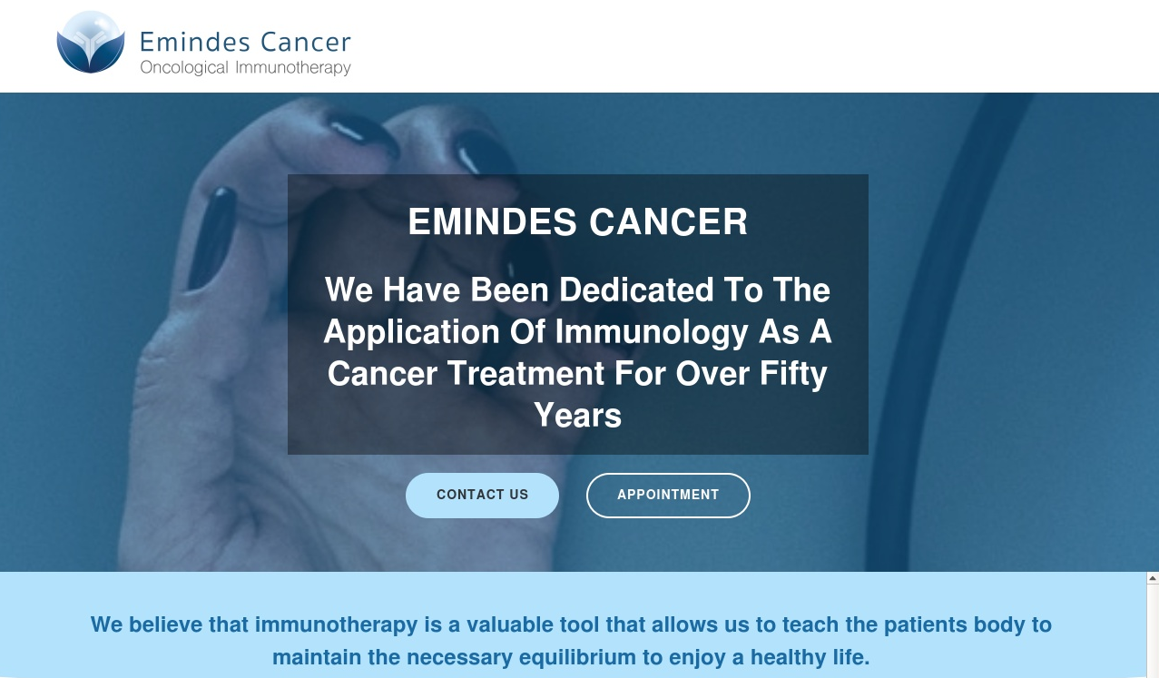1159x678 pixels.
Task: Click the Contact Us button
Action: (482, 496)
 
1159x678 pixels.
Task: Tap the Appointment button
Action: (668, 496)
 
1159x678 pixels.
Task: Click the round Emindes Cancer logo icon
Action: (91, 42)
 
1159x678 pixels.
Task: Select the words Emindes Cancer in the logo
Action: (245, 42)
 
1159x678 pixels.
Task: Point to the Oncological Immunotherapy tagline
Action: (245, 68)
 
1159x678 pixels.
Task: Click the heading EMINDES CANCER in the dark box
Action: (577, 221)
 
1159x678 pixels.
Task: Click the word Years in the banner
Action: (577, 415)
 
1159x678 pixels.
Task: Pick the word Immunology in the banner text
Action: (652, 332)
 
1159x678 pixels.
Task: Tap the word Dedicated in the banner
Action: (636, 290)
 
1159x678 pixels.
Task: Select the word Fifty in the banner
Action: (793, 374)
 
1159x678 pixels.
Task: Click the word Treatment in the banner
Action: (525, 374)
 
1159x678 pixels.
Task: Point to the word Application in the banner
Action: (411, 332)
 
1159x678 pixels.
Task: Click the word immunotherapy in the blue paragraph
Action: (336, 624)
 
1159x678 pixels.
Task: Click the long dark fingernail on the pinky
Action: (212, 238)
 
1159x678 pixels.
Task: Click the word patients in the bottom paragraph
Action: (925, 625)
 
